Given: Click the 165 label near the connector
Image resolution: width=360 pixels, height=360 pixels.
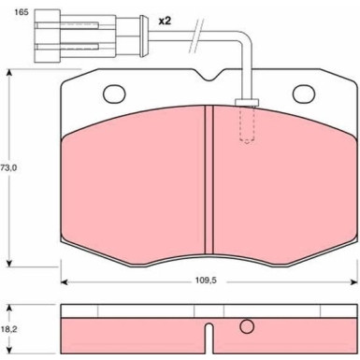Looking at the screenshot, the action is point(21,12).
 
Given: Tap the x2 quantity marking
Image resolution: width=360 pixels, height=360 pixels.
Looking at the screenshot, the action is point(165,21).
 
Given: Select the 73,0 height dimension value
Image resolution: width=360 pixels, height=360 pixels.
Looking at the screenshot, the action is point(8,167).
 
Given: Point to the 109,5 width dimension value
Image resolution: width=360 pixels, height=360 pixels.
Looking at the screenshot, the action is point(206,281).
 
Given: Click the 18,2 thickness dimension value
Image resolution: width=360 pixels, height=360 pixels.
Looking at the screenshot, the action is point(8,329).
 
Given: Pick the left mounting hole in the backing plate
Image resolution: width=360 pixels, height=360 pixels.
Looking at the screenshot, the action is point(114,94).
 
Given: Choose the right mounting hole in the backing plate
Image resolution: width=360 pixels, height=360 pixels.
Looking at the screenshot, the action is point(304,94).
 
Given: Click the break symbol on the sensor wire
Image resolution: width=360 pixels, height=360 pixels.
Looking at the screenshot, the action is point(196,36).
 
